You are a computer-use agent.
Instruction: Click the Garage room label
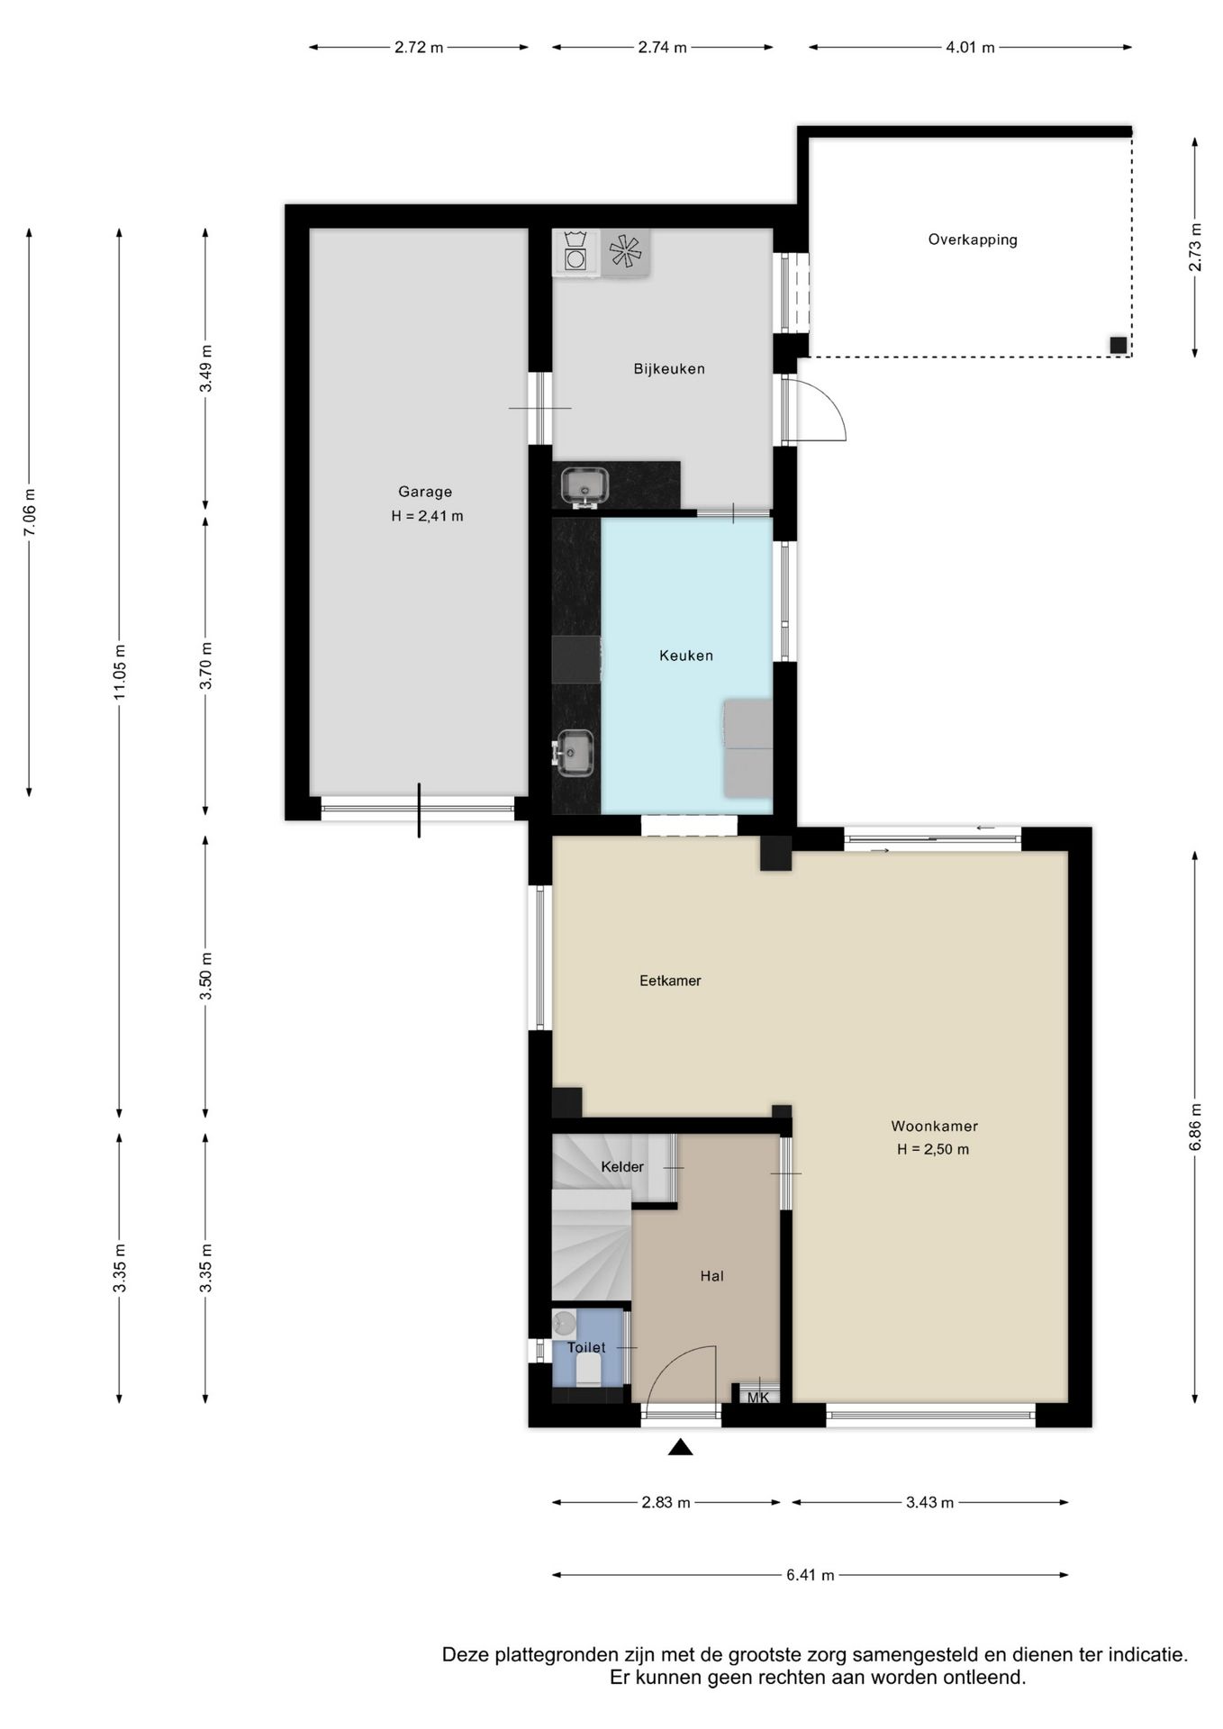click(x=425, y=492)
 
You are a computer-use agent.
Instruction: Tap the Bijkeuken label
click(x=669, y=369)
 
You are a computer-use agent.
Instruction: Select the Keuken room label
click(x=686, y=656)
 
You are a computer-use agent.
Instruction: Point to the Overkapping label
click(x=973, y=240)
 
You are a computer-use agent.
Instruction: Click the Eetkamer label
click(x=670, y=981)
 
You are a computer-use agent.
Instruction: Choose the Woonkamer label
click(x=934, y=1126)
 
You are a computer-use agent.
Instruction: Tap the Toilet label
click(x=586, y=1348)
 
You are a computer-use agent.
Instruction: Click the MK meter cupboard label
click(x=758, y=1398)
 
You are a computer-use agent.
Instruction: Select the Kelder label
click(x=622, y=1167)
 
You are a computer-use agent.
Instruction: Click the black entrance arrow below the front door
click(x=681, y=1447)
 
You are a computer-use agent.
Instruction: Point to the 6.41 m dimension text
click(x=811, y=1575)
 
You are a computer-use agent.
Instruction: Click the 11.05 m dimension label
click(x=120, y=672)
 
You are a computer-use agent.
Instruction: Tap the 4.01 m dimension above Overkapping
click(x=970, y=48)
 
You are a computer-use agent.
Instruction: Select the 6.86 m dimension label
click(x=1195, y=1127)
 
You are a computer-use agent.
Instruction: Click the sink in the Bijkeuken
click(x=584, y=486)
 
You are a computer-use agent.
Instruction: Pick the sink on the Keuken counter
click(x=575, y=753)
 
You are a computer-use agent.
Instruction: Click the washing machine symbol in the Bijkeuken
click(x=575, y=251)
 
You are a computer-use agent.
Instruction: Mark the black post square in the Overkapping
click(x=1118, y=345)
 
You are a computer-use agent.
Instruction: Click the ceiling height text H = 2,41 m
click(x=427, y=516)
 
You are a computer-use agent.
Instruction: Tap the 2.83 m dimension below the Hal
click(x=666, y=1502)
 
